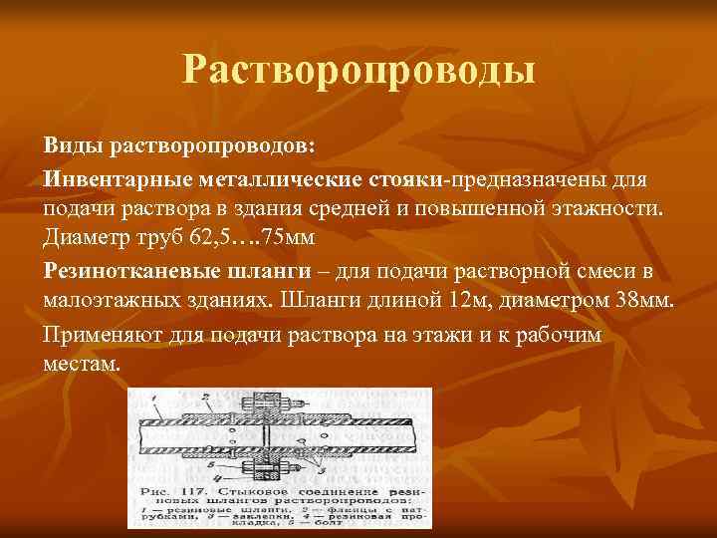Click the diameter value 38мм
(638, 301)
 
